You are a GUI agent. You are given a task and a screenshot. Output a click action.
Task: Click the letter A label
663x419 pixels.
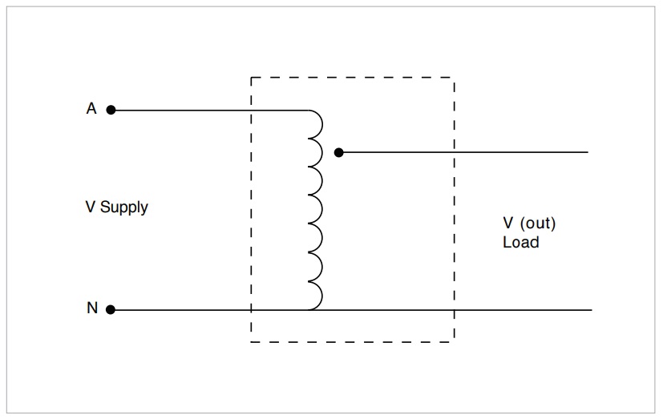pyautogui.click(x=91, y=109)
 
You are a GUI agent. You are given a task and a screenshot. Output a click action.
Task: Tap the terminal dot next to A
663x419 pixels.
pyautogui.click(x=111, y=110)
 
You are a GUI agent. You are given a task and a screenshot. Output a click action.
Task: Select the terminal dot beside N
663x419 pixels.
pyautogui.click(x=111, y=309)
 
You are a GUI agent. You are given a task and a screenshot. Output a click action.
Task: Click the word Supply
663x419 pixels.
pyautogui.click(x=124, y=207)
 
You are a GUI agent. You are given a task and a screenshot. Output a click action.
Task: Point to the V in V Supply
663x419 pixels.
pyautogui.click(x=91, y=207)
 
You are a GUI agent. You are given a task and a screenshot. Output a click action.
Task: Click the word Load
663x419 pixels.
pyautogui.click(x=520, y=241)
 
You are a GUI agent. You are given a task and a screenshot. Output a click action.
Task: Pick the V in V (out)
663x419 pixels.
pyautogui.click(x=508, y=224)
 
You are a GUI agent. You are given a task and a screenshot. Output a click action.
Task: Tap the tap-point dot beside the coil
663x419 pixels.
pyautogui.click(x=338, y=151)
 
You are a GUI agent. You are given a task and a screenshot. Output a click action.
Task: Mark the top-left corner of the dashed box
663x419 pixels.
pyautogui.click(x=251, y=78)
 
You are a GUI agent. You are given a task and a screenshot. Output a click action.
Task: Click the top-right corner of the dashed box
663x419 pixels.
pyautogui.click(x=454, y=78)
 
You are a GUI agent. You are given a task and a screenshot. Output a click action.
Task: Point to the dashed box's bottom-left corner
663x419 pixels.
pyautogui.click(x=251, y=342)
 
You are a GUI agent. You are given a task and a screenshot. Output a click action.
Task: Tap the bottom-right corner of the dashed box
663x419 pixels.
pyautogui.click(x=454, y=342)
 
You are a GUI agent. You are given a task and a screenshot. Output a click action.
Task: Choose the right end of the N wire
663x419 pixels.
pyautogui.click(x=592, y=309)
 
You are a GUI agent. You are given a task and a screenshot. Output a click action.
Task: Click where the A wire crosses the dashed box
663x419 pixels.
pyautogui.click(x=251, y=110)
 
